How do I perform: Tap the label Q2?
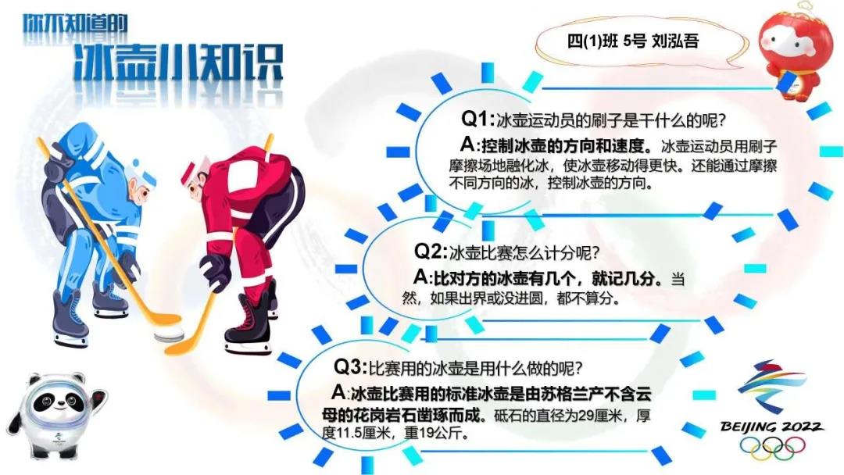pos(430,252)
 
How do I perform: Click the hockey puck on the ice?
pos(167,334)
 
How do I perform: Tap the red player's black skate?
pos(245,327)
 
